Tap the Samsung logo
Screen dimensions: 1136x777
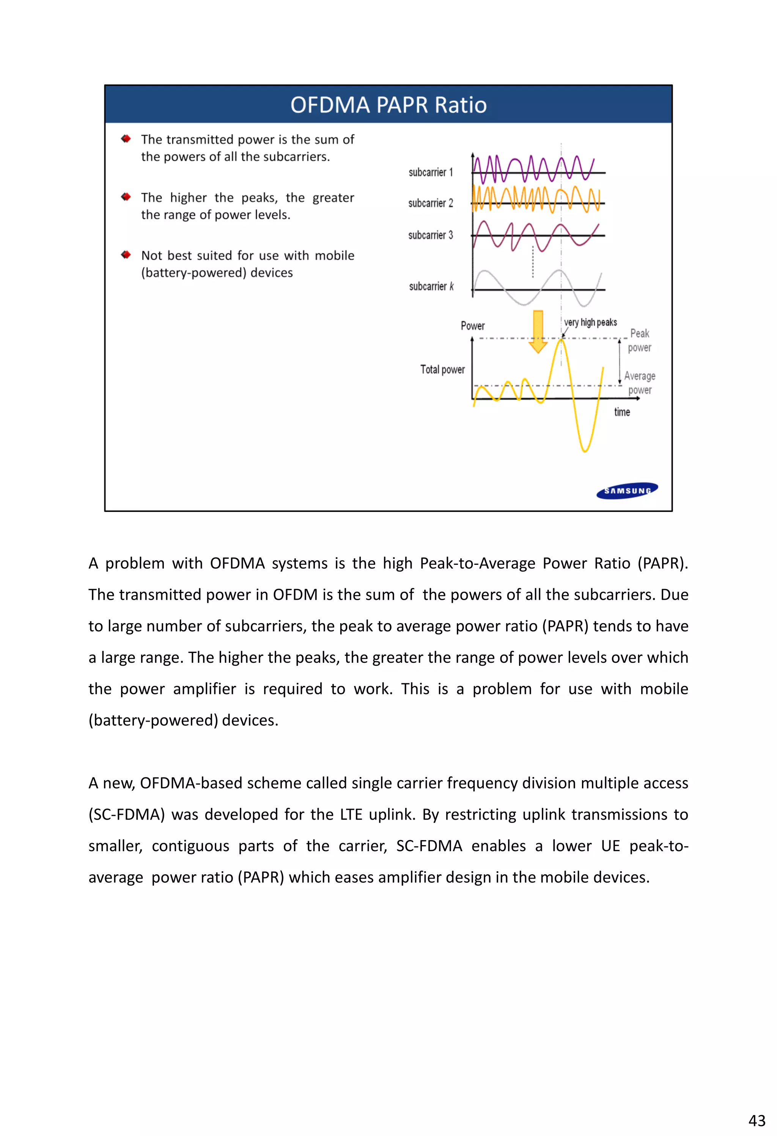[x=627, y=490]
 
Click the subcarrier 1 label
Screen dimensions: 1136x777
[x=431, y=172]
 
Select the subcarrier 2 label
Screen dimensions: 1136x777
[x=431, y=203]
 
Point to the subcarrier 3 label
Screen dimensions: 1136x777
[x=431, y=235]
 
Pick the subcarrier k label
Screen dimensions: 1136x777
[x=432, y=286]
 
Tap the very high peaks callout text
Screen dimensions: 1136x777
[x=590, y=322]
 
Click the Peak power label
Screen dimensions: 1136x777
[x=639, y=340]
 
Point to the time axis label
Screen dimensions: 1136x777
[x=622, y=412]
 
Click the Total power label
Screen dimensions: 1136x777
[x=442, y=370]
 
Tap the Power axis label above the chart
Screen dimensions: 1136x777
[x=472, y=326]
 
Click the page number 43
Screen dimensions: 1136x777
[x=757, y=1120]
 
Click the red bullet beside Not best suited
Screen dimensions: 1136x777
[x=126, y=255]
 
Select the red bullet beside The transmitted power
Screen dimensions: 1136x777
[x=126, y=139]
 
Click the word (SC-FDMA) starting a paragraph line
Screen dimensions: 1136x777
[x=126, y=815]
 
